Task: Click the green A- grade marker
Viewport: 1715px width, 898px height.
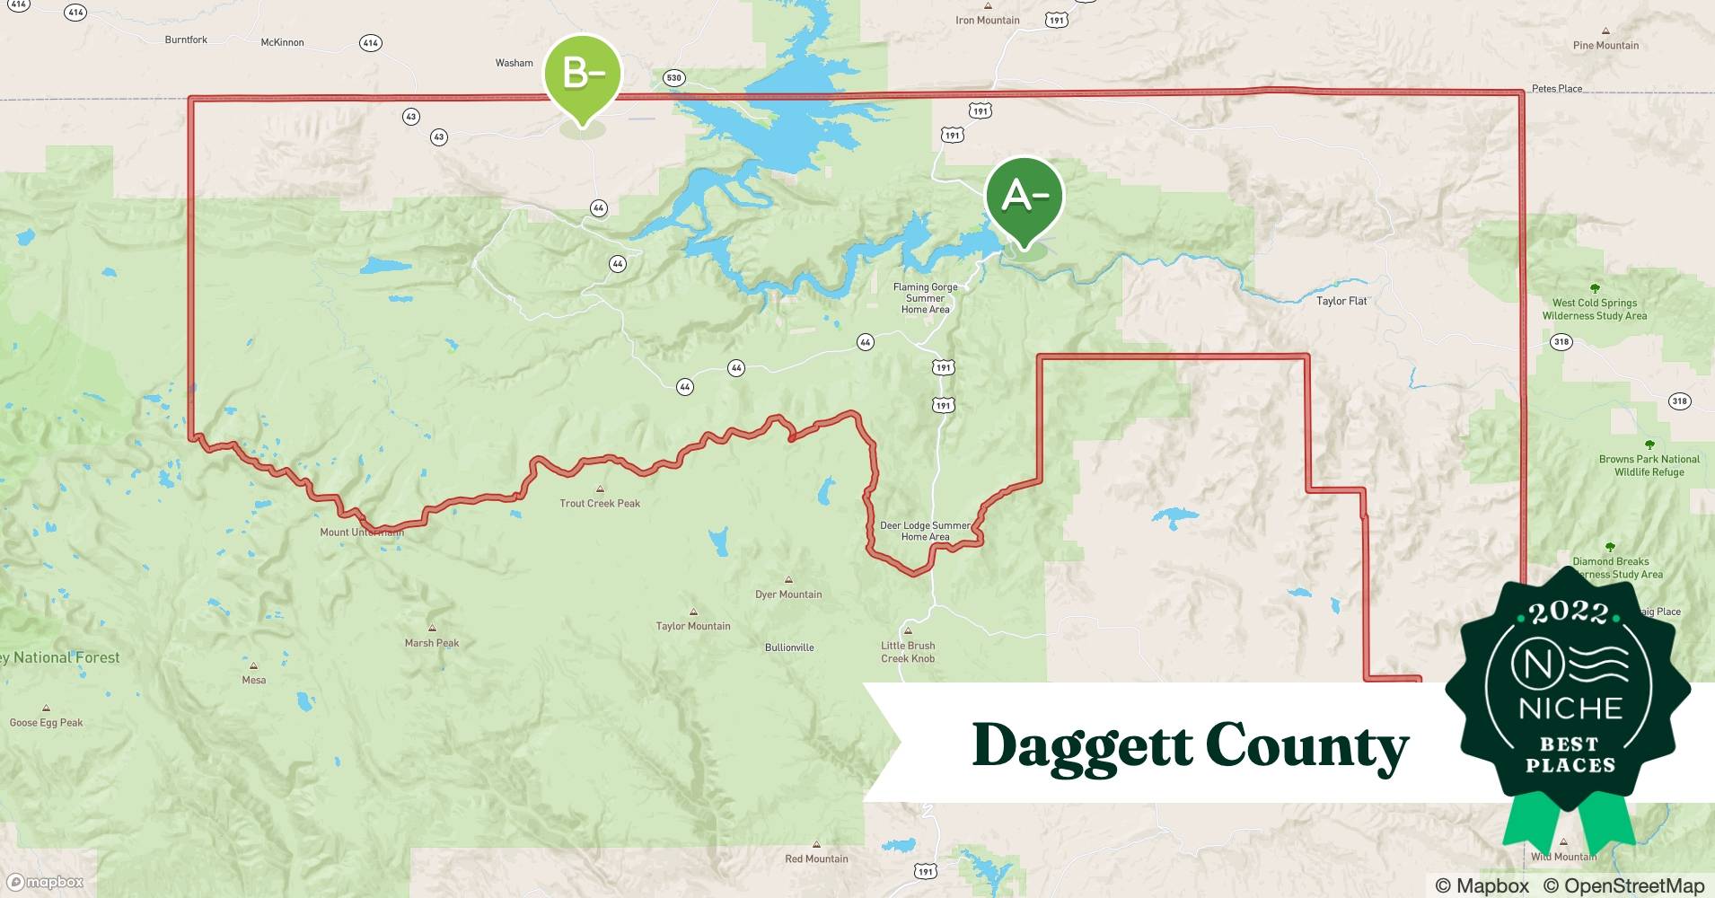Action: tap(1024, 197)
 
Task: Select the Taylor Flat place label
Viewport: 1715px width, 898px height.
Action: tap(1341, 302)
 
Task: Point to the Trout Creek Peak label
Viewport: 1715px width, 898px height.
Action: tap(600, 504)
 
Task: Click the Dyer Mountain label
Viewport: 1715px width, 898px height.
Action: tap(788, 594)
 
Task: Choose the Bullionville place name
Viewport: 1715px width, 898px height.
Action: tap(789, 647)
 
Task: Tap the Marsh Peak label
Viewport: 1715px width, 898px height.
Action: tap(432, 643)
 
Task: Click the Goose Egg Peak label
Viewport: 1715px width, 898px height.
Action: tap(46, 723)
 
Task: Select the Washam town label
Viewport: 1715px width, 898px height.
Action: tap(514, 63)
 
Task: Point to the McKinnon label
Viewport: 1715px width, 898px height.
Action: tap(282, 42)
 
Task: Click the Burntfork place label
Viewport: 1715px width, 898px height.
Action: tap(186, 40)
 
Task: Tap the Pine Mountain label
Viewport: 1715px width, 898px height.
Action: tap(1605, 46)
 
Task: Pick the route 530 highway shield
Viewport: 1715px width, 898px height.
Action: tap(673, 78)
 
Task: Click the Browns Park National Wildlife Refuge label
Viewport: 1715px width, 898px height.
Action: tap(1649, 465)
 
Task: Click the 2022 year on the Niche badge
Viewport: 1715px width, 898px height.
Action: tap(1569, 613)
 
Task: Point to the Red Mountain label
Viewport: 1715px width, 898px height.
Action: tap(816, 859)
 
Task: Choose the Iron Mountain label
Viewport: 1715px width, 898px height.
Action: tap(987, 21)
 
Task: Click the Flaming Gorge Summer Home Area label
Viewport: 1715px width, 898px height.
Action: tap(925, 298)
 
